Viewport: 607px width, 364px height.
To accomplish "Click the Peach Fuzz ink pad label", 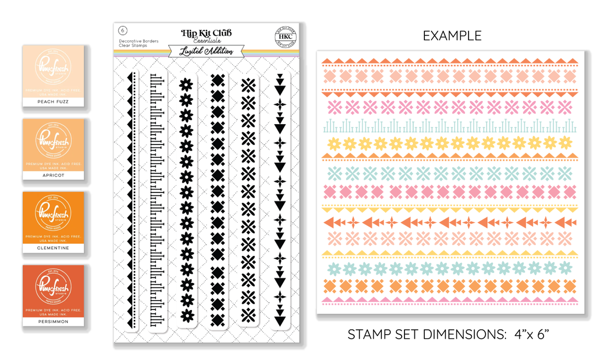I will pyautogui.click(x=53, y=102).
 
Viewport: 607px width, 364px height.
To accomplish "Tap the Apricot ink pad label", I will pyautogui.click(x=53, y=175).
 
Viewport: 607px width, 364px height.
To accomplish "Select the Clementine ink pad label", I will pyautogui.click(x=53, y=248).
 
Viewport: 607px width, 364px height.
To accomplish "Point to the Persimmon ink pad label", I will pyautogui.click(x=53, y=321).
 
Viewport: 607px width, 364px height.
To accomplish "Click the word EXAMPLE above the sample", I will pyautogui.click(x=452, y=36).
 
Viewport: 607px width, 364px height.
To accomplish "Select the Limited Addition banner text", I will pyautogui.click(x=207, y=51).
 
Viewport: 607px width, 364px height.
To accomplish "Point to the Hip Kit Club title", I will pyautogui.click(x=207, y=33).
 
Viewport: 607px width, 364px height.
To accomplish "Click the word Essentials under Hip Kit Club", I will pyautogui.click(x=207, y=41).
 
